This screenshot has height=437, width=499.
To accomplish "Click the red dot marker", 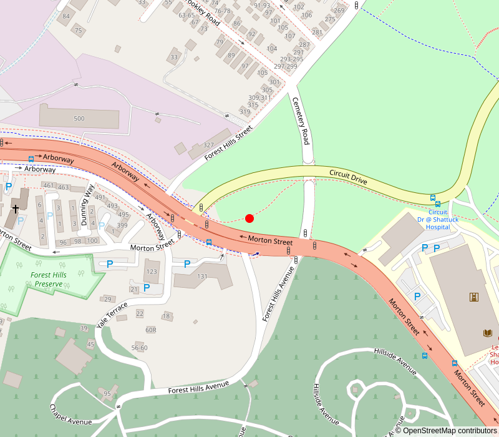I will (249, 219).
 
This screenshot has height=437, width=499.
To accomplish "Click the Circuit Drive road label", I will (349, 177).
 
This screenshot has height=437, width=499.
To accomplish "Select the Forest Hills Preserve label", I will (48, 279).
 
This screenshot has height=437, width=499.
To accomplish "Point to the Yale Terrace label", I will (112, 315).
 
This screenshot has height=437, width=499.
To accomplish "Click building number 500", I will (79, 119).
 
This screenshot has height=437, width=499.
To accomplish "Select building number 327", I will (208, 145).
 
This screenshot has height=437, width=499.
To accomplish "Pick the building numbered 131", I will (202, 277).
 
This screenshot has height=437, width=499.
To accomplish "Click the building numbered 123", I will (151, 272).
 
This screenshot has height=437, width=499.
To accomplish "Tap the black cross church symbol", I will (15, 209).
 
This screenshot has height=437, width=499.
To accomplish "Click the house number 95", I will (107, 393).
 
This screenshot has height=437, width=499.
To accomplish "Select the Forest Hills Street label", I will (228, 143).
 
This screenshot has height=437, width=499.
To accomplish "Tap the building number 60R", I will (150, 330).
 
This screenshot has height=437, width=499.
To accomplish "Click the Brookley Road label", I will (204, 14).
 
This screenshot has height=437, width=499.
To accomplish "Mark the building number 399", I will (122, 225).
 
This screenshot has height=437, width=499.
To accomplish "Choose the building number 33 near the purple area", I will (174, 57).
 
